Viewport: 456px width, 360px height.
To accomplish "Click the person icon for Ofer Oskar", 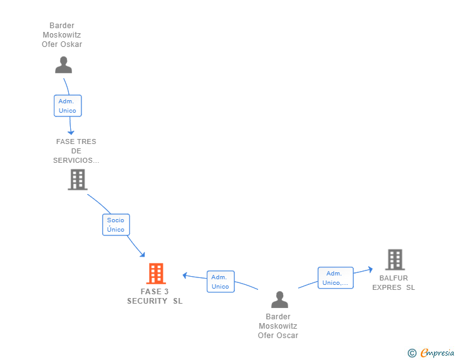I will (63, 65).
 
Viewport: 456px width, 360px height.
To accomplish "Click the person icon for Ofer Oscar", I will (279, 300).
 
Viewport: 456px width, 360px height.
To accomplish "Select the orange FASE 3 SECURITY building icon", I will (155, 274).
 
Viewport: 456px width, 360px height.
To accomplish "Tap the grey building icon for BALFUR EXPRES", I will (395, 259).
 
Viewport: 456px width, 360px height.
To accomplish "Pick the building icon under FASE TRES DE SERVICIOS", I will (77, 180).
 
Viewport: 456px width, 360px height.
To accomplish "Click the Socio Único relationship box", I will (116, 225).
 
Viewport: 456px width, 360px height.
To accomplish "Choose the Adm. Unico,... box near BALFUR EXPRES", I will (335, 278).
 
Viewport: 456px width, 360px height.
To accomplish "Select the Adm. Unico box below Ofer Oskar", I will (68, 106).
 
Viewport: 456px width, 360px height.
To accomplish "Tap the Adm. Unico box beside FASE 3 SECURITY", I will (220, 282).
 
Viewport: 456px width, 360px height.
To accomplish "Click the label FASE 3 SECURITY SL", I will (155, 296).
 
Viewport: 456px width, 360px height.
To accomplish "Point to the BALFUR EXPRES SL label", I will (393, 283).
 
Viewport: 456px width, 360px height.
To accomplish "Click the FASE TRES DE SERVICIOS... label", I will (76, 151).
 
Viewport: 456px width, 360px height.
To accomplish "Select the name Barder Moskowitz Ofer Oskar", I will (62, 35).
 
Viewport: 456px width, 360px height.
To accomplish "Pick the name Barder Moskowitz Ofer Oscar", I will (278, 326).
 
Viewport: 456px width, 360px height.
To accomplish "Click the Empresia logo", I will (437, 353).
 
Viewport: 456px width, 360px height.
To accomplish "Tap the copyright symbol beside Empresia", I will (412, 354).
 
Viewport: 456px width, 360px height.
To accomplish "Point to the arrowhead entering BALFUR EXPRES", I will (370, 270).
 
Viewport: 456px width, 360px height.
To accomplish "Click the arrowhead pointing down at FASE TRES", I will (71, 131).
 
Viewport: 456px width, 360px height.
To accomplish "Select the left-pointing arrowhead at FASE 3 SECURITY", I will (185, 275).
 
